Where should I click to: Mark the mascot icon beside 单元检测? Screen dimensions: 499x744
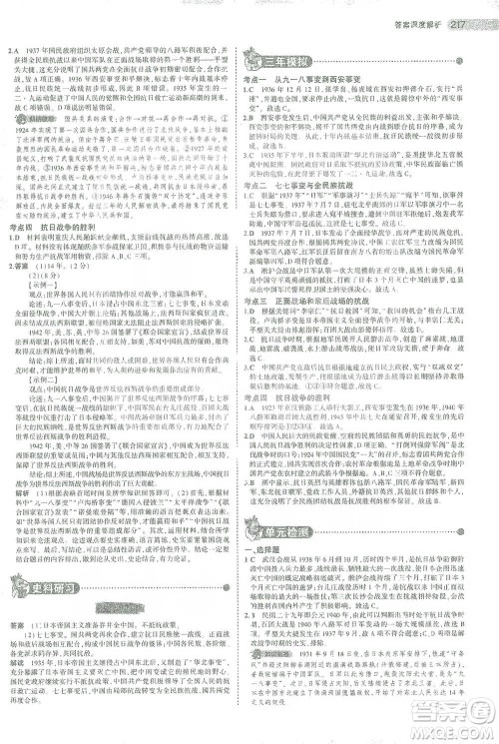[x=258, y=512]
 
